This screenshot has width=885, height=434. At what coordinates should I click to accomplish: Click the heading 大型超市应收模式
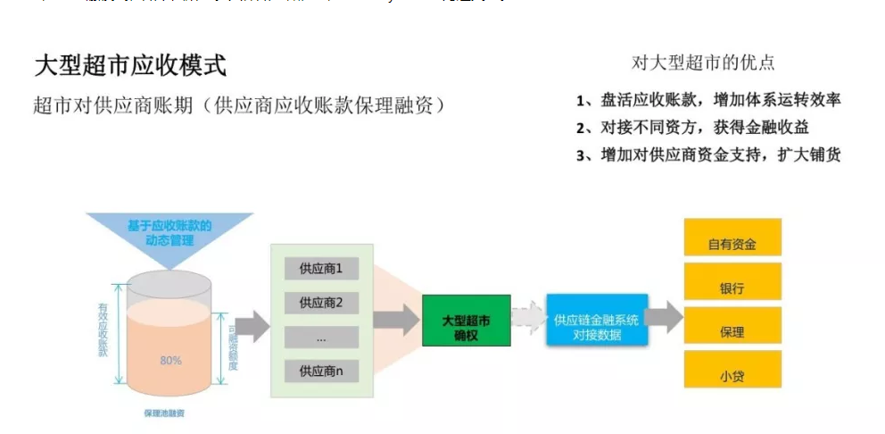(x=130, y=65)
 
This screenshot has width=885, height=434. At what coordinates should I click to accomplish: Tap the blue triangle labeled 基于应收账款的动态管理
(x=170, y=235)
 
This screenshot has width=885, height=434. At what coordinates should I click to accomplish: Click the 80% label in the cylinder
(x=170, y=360)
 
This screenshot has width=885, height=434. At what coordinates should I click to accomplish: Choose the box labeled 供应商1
(x=321, y=268)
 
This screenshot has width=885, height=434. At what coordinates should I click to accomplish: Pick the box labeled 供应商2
(x=321, y=302)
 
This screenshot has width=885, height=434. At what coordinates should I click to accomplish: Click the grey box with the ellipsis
(x=321, y=337)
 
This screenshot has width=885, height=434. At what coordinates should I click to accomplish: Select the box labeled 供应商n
(x=321, y=371)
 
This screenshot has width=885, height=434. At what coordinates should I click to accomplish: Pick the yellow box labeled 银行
(x=732, y=288)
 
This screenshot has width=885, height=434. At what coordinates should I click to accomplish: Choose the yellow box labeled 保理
(x=732, y=331)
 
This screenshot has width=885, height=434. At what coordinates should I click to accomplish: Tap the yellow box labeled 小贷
(x=732, y=375)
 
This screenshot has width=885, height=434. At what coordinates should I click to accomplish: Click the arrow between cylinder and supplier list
(x=252, y=325)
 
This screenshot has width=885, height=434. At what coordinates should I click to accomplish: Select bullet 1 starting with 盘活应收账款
(x=708, y=100)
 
